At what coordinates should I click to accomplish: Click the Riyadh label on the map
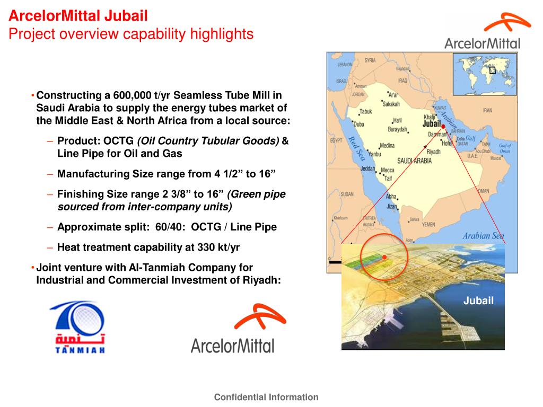click(x=433, y=152)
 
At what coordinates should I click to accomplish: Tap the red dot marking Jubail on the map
click(x=443, y=127)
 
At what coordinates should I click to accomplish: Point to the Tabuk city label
click(x=366, y=112)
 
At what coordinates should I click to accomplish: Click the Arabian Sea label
click(x=483, y=236)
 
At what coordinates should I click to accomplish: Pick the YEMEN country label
click(x=428, y=225)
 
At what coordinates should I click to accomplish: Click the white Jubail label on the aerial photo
click(x=478, y=301)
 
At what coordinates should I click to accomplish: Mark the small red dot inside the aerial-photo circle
click(x=384, y=257)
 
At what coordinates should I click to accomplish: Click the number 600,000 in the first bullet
click(x=134, y=96)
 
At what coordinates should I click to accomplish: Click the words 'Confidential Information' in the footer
click(x=266, y=397)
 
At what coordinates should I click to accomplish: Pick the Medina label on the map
click(x=388, y=146)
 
